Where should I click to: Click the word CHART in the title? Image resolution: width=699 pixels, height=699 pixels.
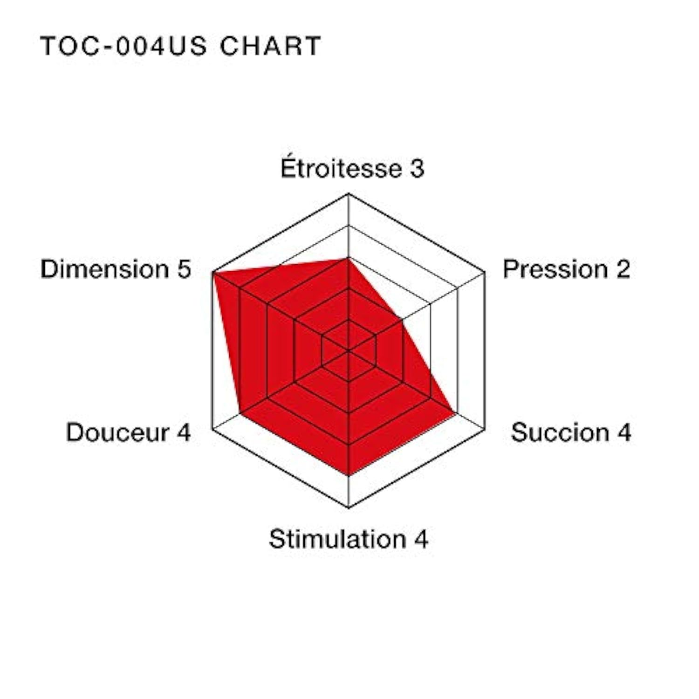270,46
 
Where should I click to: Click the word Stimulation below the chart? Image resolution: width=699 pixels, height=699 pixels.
338,539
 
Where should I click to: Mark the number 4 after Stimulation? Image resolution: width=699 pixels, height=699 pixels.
421,539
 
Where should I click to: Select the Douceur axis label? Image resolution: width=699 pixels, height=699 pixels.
117,432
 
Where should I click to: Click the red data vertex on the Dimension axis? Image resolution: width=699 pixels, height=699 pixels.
213,273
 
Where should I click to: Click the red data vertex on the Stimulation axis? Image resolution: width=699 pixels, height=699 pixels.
349,475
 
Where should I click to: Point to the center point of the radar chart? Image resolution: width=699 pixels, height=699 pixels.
349,350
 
